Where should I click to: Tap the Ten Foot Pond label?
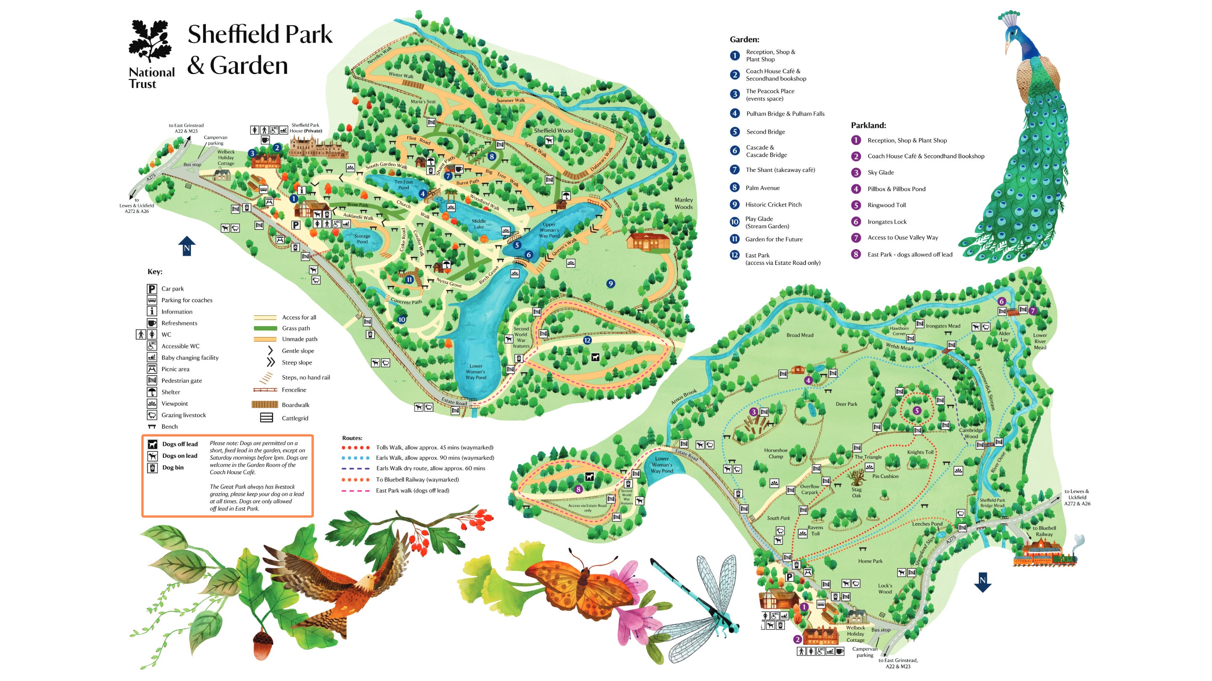tap(403, 185)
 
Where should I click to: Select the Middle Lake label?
tap(478, 224)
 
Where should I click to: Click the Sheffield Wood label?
tap(553, 131)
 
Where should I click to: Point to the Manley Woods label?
tap(683, 203)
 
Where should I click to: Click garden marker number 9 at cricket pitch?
tap(610, 283)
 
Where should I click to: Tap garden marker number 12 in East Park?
tap(587, 340)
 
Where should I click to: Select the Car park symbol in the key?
tap(151, 288)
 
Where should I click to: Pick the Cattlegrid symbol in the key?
tap(266, 418)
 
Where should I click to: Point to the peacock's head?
tap(1013, 35)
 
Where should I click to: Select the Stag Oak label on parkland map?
tap(856, 492)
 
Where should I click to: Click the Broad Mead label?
tap(800, 335)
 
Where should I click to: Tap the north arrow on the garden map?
tap(186, 246)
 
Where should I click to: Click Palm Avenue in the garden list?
tap(762, 187)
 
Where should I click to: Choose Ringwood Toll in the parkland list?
tap(886, 205)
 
